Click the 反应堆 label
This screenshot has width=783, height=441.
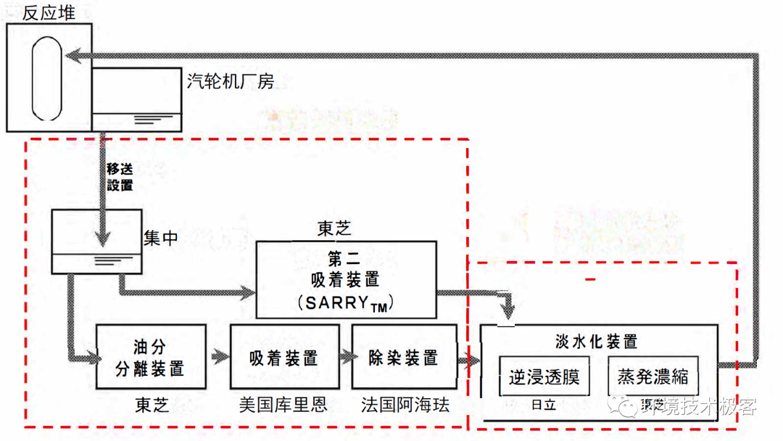[x=49, y=12]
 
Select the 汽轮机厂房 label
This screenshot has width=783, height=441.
[x=231, y=81]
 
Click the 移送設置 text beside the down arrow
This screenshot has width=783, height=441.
[x=120, y=177]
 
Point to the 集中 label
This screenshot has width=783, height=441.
[x=160, y=238]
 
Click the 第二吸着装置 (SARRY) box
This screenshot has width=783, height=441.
[x=347, y=280]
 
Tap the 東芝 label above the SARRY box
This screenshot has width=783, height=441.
[x=334, y=230]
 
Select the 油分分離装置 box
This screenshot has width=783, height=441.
[x=151, y=357]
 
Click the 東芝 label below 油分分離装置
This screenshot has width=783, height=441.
[x=152, y=405]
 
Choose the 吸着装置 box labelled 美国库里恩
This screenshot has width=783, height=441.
[x=283, y=357]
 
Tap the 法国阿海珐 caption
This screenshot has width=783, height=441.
[x=405, y=405]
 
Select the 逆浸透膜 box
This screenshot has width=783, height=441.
[x=544, y=377]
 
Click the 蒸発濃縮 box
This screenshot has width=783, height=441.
[x=652, y=377]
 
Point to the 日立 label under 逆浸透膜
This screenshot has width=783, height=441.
[x=544, y=405]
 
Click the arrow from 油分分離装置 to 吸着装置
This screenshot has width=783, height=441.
[x=218, y=357]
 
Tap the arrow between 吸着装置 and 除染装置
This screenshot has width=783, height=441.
[x=345, y=357]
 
